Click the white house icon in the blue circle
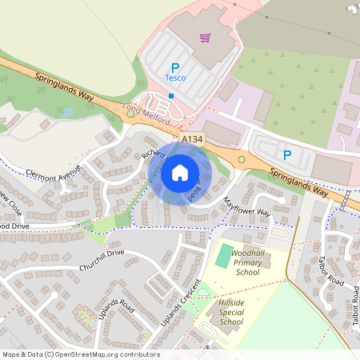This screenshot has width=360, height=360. tap(180, 173)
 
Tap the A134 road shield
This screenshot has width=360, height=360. tap(192, 139)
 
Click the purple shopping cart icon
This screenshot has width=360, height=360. tap(206, 37)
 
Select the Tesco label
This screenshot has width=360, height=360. tap(175, 78)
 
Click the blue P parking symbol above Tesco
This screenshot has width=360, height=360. tap(175, 67)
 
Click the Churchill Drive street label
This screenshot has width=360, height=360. tap(102, 260)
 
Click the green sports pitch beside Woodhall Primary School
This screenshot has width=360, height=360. tap(222, 256)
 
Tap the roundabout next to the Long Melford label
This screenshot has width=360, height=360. tap(130, 114)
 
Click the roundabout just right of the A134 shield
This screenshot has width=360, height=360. tap(241, 160)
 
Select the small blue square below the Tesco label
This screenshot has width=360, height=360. tap(170, 95)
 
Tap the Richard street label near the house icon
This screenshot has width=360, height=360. tap(153, 152)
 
